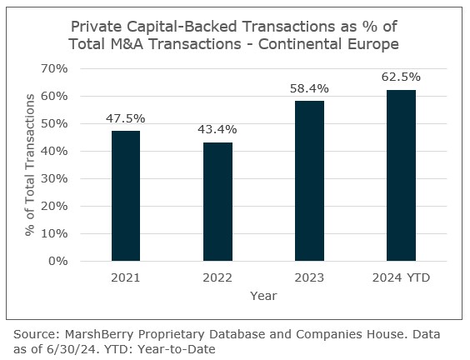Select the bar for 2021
coord(126,196)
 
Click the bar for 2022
coord(217,202)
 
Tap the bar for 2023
coord(309,181)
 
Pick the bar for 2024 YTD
coord(401,175)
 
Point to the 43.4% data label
coord(217,129)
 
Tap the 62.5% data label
coord(401,77)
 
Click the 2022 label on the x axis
coord(217,277)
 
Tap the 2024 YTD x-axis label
coord(401,277)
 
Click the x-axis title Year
coord(263,295)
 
